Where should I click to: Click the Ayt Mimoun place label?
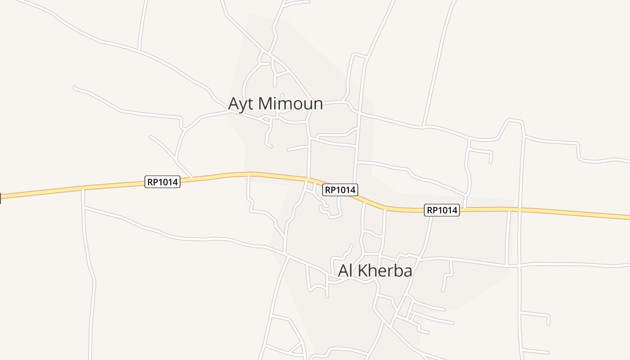click(275, 103)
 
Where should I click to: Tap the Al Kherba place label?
click(375, 271)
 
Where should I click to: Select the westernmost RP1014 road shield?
click(162, 182)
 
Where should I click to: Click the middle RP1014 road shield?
click(340, 190)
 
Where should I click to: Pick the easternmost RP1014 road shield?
click(441, 210)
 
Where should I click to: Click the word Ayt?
click(242, 104)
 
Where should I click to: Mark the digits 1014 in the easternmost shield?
click(447, 210)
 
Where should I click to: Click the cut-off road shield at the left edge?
click(0, 198)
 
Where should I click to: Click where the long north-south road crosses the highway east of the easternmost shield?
click(518, 209)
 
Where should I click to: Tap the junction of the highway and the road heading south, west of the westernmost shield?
click(83, 189)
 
